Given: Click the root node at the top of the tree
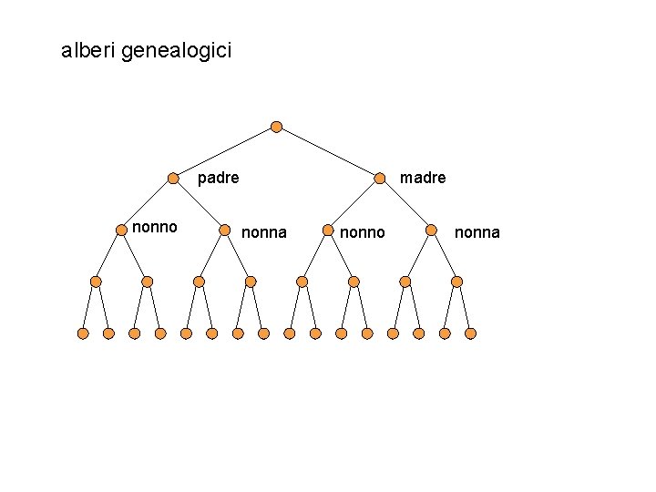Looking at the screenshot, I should click(277, 127).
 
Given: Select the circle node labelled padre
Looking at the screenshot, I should click(173, 179).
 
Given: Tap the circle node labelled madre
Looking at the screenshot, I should click(380, 179).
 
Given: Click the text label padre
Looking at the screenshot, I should click(219, 179).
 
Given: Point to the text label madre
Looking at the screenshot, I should click(423, 179).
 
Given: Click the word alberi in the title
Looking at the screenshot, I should click(87, 51).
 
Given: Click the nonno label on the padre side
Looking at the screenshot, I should click(155, 225).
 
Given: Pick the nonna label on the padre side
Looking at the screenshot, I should click(263, 233).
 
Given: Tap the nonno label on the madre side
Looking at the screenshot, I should click(362, 233).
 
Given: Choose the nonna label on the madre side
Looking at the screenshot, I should click(477, 233).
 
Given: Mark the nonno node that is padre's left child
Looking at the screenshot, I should click(121, 231).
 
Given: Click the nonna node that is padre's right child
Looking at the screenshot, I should click(225, 231).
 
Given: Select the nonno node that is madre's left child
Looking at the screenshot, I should click(328, 231).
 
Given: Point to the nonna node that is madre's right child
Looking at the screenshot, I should click(432, 231).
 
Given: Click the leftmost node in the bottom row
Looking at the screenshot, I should click(82, 333).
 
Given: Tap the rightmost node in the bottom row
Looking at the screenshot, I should click(471, 333).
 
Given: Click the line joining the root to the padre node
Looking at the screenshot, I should click(225, 153).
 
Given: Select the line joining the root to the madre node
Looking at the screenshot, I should click(328, 152).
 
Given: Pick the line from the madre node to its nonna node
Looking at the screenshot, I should click(405, 204).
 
